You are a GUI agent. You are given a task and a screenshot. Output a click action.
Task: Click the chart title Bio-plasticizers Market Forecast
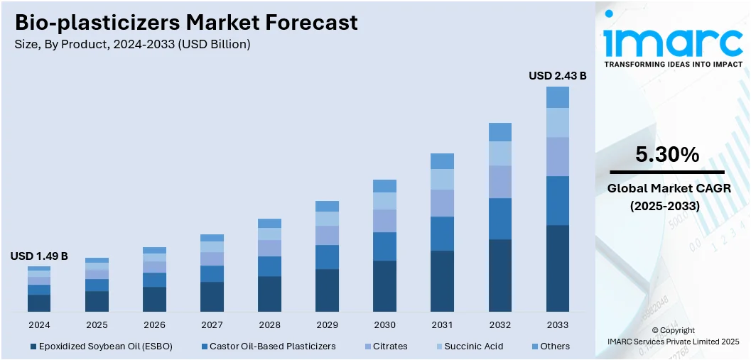186,22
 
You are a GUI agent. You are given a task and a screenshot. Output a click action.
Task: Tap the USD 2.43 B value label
557,75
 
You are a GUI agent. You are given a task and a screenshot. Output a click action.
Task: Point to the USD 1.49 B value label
39,256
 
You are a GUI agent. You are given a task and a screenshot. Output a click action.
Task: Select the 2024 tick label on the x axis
39,324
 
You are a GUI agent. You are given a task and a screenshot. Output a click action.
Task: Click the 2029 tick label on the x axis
327,324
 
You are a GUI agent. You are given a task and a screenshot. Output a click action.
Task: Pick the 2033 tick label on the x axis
557,324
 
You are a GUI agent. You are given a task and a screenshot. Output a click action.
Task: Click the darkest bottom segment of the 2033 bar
557,268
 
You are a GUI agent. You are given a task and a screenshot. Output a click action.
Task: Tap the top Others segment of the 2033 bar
557,97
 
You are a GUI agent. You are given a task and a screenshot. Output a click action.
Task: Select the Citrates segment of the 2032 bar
499,182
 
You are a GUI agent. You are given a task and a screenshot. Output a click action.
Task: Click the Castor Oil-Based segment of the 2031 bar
442,234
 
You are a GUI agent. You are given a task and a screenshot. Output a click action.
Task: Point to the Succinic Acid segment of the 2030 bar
384,201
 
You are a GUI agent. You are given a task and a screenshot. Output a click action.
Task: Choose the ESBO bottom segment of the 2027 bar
212,297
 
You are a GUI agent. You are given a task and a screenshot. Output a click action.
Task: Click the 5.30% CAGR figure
666,154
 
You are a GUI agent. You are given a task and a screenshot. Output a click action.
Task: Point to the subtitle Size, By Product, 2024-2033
132,44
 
